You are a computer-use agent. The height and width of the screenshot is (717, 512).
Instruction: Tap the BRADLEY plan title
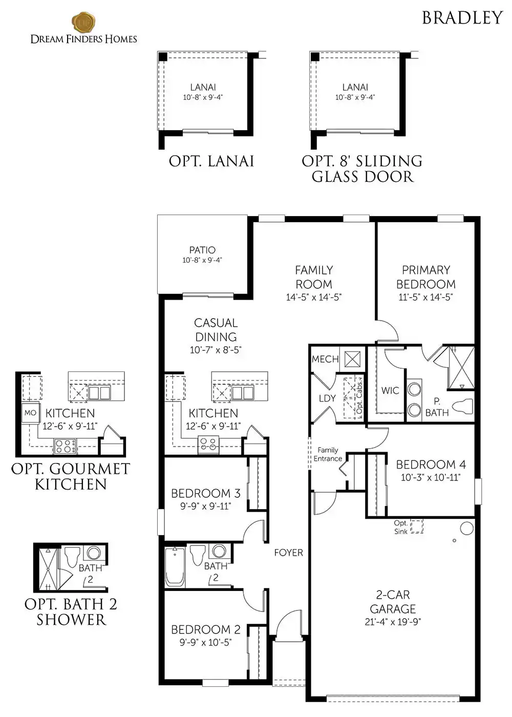point(462,18)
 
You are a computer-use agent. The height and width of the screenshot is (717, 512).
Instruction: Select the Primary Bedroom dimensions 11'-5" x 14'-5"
point(425,298)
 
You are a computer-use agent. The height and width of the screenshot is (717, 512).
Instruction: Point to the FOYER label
point(288,553)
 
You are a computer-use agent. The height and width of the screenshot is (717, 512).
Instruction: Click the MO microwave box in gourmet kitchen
point(30,413)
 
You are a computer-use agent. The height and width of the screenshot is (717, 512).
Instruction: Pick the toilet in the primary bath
point(464,406)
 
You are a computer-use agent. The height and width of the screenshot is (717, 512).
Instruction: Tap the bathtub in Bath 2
point(175,566)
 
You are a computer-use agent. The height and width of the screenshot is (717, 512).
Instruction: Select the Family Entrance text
point(328,455)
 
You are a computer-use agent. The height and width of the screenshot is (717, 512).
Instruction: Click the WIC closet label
point(390,390)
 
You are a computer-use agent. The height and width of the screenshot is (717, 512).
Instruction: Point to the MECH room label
point(325,359)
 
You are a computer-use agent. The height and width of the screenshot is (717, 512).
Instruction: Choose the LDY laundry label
point(327,398)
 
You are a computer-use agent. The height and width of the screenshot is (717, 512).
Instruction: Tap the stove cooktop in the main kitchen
point(208,445)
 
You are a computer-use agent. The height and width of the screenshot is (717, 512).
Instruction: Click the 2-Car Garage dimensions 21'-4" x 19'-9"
point(393,622)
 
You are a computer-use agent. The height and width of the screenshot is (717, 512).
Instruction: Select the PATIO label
point(202,250)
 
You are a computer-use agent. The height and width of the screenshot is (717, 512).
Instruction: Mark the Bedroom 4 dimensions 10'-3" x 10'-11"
point(431,477)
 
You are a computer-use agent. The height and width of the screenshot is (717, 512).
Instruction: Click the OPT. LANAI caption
point(211,161)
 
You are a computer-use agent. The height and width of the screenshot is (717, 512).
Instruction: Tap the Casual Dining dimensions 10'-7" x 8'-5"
point(216,350)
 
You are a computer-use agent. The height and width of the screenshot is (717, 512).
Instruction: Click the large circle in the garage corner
point(466,528)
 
